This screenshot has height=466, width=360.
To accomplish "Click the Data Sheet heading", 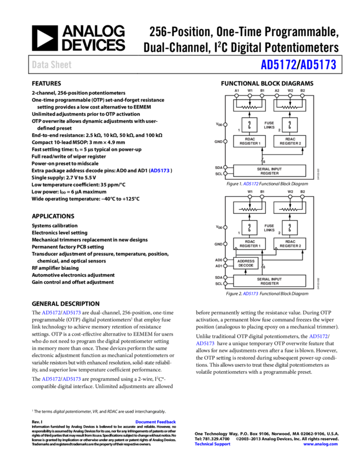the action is (x=52, y=65).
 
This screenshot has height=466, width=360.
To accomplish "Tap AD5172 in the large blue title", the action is (x=278, y=65).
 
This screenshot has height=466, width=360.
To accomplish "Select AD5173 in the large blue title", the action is (x=318, y=65).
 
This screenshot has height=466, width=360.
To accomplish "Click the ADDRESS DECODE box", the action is (x=246, y=263).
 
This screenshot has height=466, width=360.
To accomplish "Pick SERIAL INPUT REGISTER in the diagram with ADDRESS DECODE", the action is (x=270, y=281).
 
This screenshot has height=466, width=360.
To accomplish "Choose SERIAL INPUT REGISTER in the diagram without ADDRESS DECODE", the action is (x=270, y=171).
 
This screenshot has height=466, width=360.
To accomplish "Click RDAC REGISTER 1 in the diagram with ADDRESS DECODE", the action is (x=250, y=243).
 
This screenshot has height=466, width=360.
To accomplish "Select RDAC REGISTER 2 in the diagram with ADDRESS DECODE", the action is (x=290, y=243).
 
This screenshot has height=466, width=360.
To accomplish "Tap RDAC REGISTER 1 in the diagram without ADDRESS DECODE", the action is (x=250, y=141).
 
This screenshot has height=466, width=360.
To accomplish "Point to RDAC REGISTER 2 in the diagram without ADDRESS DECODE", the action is (x=290, y=141).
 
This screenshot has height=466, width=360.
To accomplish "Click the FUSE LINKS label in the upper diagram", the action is (x=269, y=125).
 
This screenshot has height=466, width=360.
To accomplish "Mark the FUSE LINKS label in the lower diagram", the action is (x=269, y=228).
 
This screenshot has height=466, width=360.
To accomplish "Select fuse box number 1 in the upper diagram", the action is (x=250, y=124).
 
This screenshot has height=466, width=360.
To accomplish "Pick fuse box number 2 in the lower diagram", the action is (x=290, y=228).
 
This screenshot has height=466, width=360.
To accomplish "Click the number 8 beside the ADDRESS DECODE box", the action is (x=264, y=267).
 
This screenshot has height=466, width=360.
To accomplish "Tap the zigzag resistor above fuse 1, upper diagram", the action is (x=250, y=107).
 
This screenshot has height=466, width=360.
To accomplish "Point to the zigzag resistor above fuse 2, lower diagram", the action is (x=290, y=209).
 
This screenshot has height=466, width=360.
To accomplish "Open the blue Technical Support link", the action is (x=213, y=444).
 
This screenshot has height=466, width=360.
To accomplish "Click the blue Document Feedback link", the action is (x=156, y=422).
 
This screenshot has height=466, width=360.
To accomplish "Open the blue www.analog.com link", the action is (x=321, y=444).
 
